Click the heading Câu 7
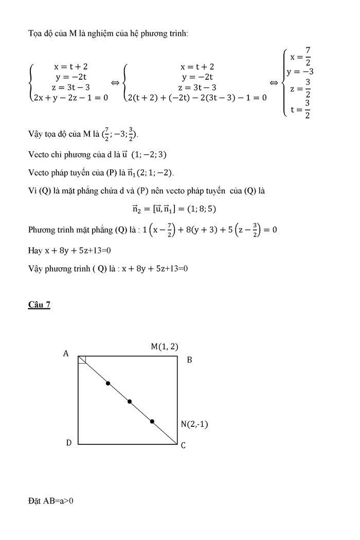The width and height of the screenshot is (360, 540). coord(39,305)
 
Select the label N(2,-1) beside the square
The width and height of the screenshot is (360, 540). coord(194,424)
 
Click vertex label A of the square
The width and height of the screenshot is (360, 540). coord(66,353)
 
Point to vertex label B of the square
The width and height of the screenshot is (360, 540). coord(189,360)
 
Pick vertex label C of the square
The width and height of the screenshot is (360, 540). coord(183,445)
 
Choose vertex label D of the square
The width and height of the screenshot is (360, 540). coord(68,443)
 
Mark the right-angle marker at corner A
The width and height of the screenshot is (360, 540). coord(81,359)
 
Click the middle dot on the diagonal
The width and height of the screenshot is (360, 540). coord(130,401)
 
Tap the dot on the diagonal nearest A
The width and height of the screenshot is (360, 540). coord(107,383)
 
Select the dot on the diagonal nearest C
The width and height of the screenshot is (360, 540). coord(152,422)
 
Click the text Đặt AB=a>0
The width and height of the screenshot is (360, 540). coord(51,500)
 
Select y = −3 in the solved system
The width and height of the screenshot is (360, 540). coord(300,71)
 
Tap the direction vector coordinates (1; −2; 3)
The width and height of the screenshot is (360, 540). coord(150,154)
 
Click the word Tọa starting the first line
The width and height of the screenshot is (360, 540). coord(35,34)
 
